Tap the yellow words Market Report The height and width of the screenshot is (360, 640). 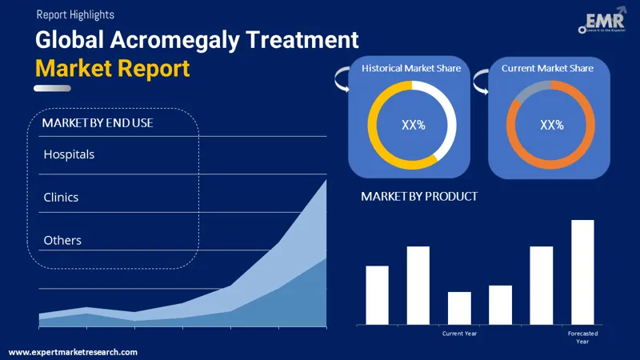(113, 68)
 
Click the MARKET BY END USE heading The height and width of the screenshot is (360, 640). (98, 123)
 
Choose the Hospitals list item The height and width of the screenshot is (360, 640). (69, 154)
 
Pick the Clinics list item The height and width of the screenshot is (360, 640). (61, 197)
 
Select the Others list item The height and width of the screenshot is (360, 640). (62, 240)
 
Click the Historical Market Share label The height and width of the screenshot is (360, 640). (411, 69)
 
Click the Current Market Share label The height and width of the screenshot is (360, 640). (547, 69)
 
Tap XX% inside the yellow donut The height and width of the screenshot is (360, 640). (413, 125)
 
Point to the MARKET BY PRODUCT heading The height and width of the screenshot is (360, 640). (419, 196)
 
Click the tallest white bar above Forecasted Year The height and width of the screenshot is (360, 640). (582, 272)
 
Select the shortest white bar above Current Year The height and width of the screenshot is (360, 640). (459, 308)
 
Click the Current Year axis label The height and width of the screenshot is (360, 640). (459, 333)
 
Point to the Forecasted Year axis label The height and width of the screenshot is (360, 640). (582, 337)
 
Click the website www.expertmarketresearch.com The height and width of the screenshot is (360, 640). (74, 352)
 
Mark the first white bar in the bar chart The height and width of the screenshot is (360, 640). (377, 294)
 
